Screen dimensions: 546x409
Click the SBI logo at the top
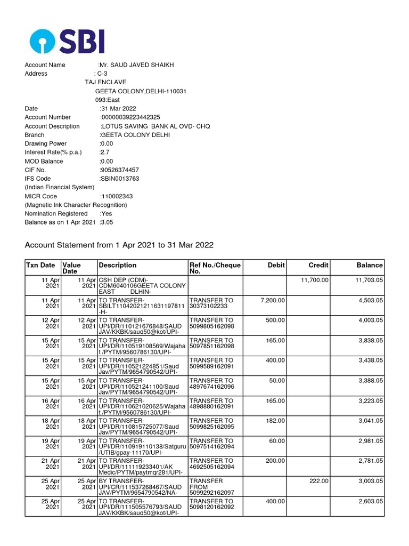(x=67, y=41)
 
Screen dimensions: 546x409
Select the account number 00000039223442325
(x=130, y=117)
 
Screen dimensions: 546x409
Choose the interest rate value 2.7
(x=104, y=152)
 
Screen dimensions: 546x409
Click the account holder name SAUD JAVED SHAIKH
(x=136, y=65)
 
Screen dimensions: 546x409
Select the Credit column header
(x=318, y=265)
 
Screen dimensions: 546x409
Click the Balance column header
(x=369, y=265)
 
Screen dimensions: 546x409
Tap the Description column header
(x=118, y=265)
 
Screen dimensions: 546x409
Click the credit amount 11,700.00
(x=315, y=280)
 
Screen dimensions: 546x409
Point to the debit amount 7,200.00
(x=273, y=300)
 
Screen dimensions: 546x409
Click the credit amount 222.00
(x=319, y=481)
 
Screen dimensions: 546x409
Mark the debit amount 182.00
(x=276, y=421)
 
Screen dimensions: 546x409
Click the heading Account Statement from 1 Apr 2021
(x=119, y=245)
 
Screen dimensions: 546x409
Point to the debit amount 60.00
(x=277, y=441)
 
